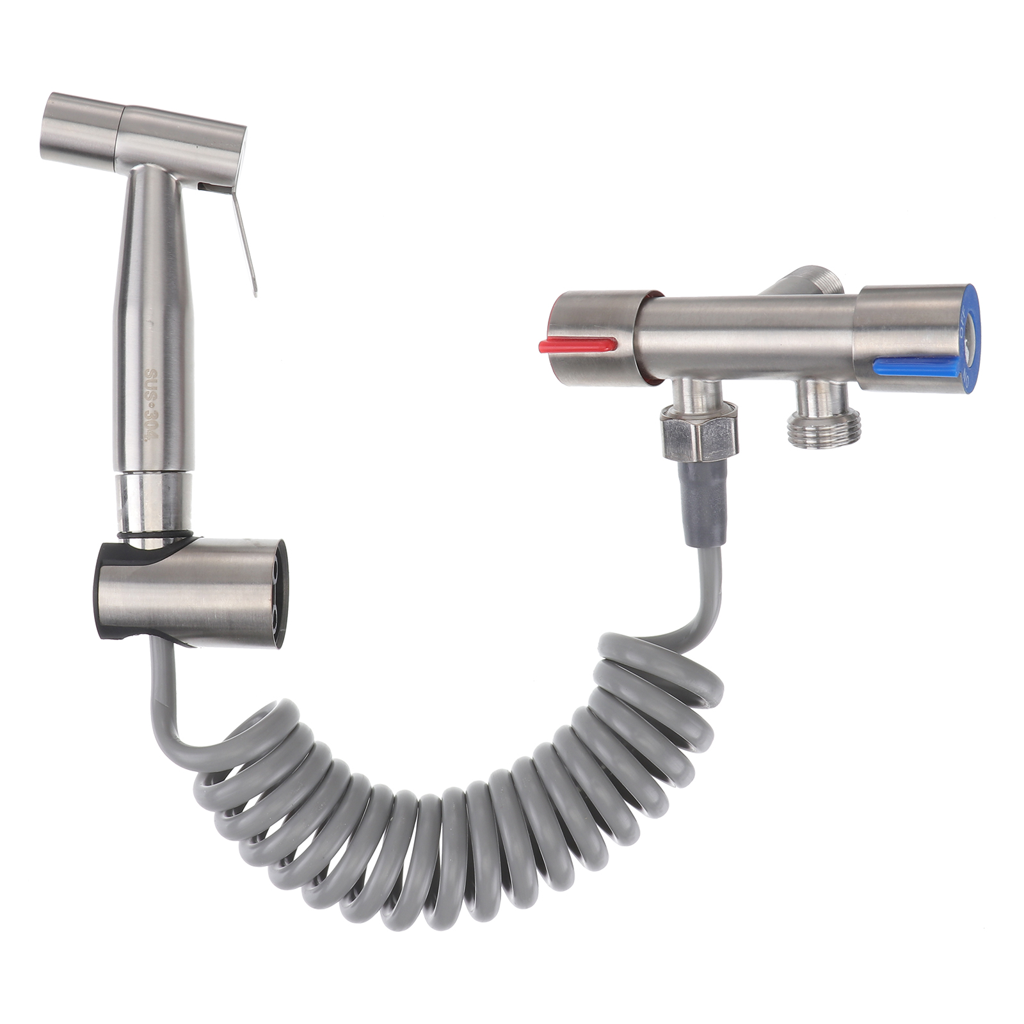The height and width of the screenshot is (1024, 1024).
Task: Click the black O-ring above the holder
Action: pyautogui.click(x=154, y=534)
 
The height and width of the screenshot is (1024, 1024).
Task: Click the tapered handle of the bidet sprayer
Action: pyautogui.click(x=152, y=320)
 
